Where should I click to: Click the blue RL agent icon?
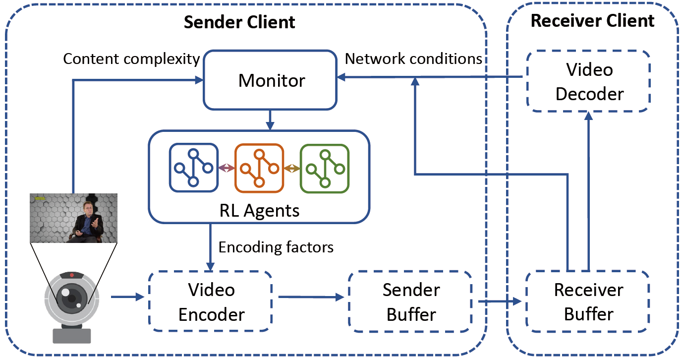[194, 168]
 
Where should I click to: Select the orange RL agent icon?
[259, 168]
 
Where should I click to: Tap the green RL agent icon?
[325, 169]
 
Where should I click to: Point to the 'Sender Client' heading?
[239, 22]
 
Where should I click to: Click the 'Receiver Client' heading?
[592, 21]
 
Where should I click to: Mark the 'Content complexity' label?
[131, 59]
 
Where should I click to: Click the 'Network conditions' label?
[413, 59]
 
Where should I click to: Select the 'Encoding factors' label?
[276, 247]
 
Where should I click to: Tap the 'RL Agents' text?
[259, 210]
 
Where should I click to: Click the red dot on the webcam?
[72, 275]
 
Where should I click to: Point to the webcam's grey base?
[72, 336]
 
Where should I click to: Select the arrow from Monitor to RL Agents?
[270, 120]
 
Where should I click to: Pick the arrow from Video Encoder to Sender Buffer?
[311, 297]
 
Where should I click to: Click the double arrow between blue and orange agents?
[227, 168]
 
